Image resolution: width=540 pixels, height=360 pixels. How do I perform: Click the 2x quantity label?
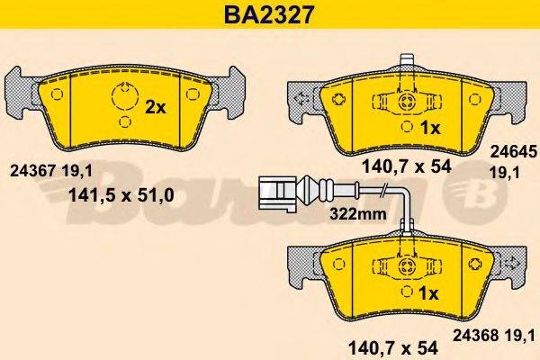click(156, 107)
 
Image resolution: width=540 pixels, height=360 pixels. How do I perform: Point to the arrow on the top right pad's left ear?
click(303, 96)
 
